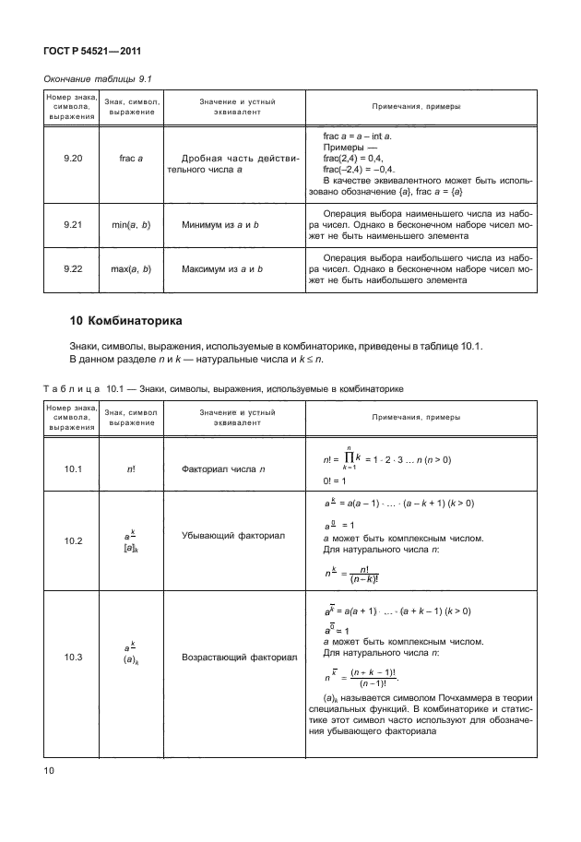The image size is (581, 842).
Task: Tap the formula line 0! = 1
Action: coord(336,480)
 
